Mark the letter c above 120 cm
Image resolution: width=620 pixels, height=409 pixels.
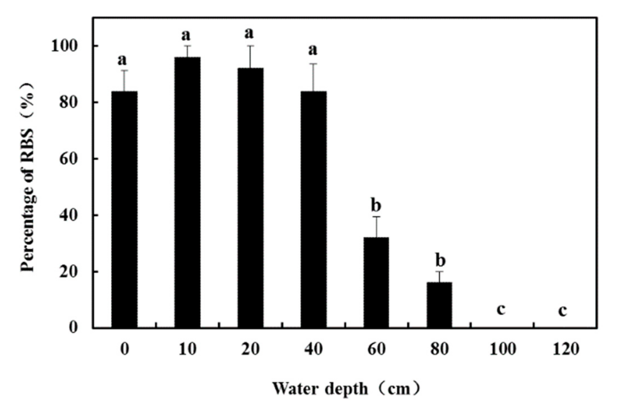point(563,311)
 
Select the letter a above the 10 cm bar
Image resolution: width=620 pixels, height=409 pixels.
point(186,35)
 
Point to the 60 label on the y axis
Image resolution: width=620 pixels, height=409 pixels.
point(68,159)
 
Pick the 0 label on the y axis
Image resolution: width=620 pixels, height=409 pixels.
point(73,328)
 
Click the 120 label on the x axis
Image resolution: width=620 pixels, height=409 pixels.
point(566,349)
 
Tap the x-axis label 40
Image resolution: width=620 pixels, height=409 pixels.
point(313,349)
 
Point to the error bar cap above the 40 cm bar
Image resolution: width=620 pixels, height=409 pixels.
point(313,64)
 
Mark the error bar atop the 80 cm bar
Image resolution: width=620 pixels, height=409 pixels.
point(439,277)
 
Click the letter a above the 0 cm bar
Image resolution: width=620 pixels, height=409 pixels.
point(122,60)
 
